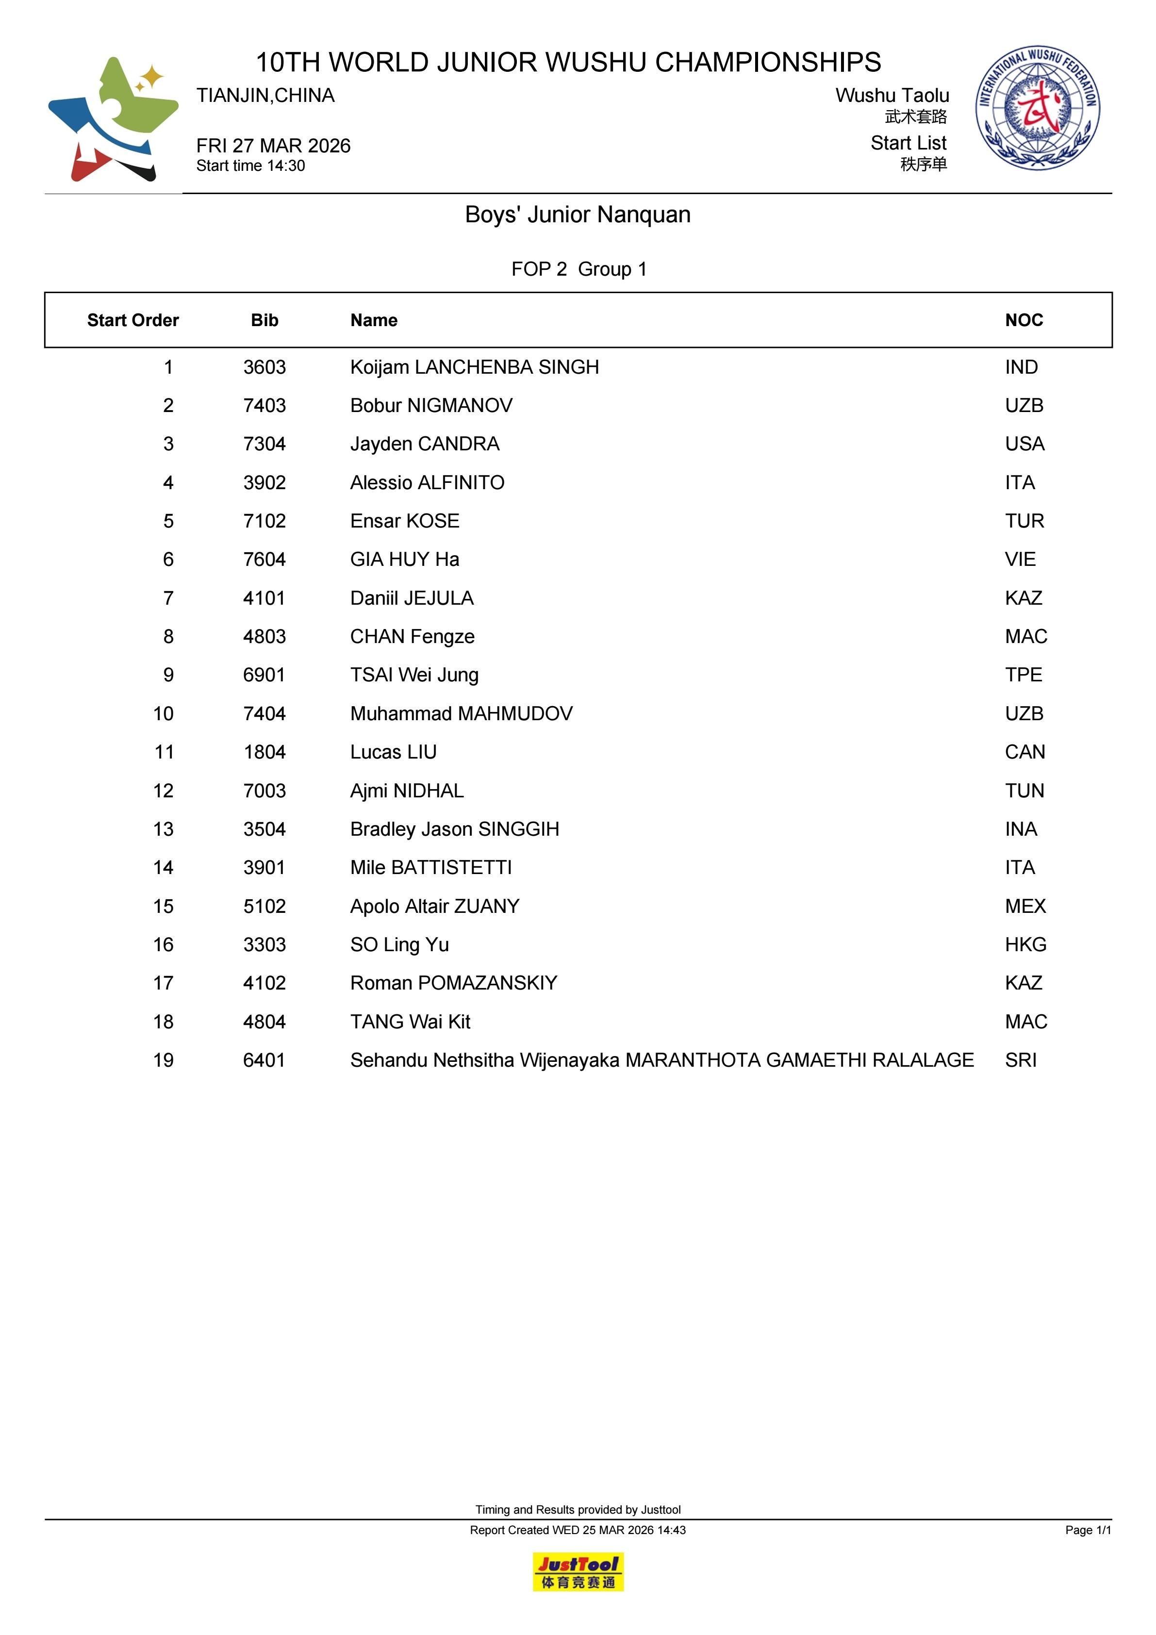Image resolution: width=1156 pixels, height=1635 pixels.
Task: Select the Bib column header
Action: click(x=264, y=320)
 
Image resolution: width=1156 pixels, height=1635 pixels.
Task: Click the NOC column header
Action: click(x=1024, y=320)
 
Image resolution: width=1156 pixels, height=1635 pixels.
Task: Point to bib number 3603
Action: click(x=264, y=367)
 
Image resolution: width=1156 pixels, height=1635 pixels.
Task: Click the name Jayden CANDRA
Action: click(x=425, y=445)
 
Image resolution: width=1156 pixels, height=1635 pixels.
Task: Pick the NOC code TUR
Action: click(x=1024, y=521)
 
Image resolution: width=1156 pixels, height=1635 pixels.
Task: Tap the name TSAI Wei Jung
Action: click(x=414, y=675)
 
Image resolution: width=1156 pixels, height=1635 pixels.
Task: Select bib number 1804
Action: click(x=264, y=752)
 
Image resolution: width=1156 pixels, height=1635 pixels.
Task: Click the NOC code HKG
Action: click(x=1025, y=945)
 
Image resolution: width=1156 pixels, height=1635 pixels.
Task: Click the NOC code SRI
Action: click(x=1021, y=1060)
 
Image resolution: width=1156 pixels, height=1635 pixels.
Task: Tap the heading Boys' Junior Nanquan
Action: click(x=578, y=215)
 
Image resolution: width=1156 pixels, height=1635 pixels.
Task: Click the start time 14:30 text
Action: click(x=251, y=166)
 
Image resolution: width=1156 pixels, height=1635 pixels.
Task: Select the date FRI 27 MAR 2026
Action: click(x=274, y=146)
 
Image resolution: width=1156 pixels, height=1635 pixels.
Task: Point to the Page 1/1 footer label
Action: click(x=1088, y=1530)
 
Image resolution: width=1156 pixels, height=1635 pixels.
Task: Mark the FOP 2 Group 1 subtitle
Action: click(x=578, y=269)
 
